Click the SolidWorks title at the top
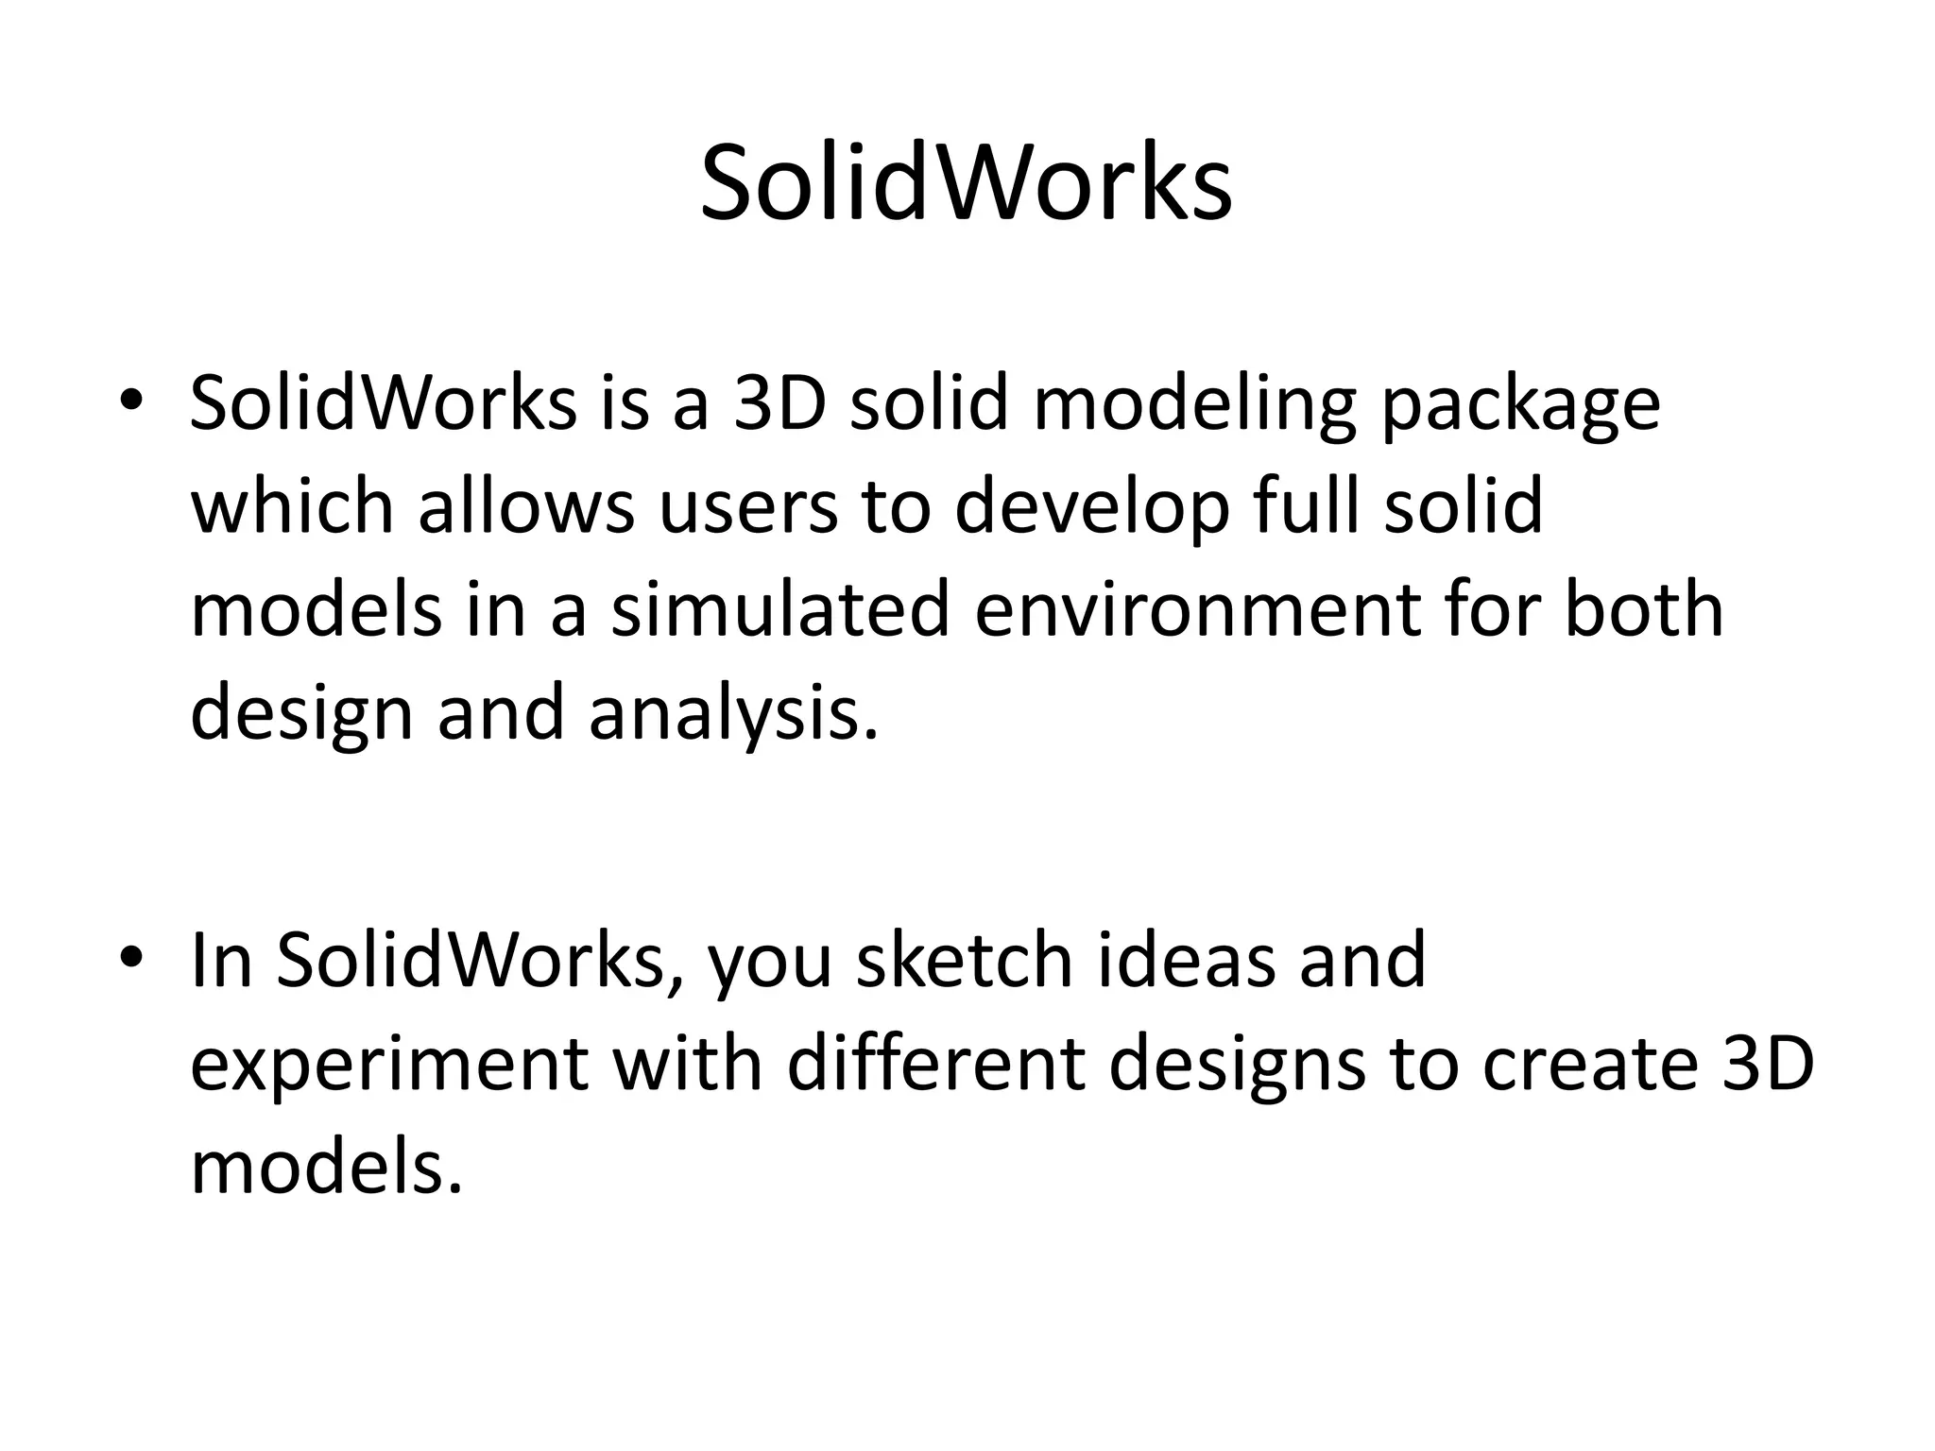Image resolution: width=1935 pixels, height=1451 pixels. (x=966, y=182)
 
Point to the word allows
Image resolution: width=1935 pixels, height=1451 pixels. (x=526, y=505)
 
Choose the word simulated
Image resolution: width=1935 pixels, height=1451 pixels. (x=779, y=609)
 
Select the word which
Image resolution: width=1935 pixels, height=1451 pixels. (x=292, y=505)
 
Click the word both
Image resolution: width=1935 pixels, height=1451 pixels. (x=1643, y=609)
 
